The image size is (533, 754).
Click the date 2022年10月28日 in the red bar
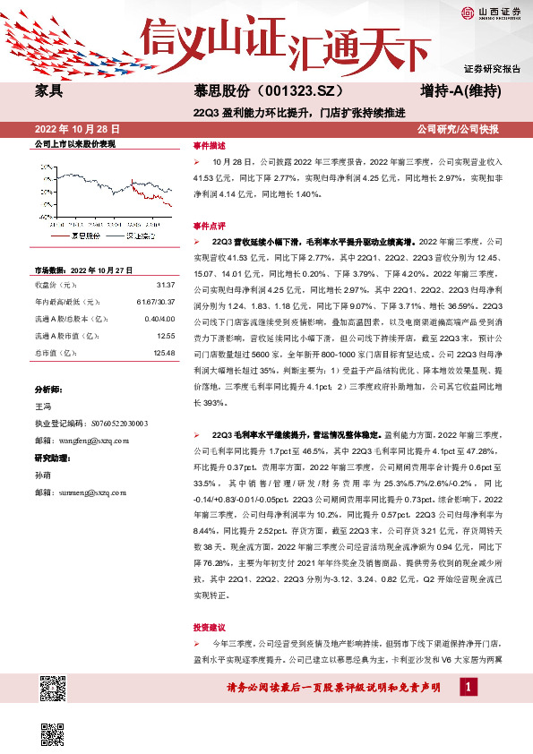click(x=76, y=129)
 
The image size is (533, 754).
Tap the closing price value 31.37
click(x=165, y=284)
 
